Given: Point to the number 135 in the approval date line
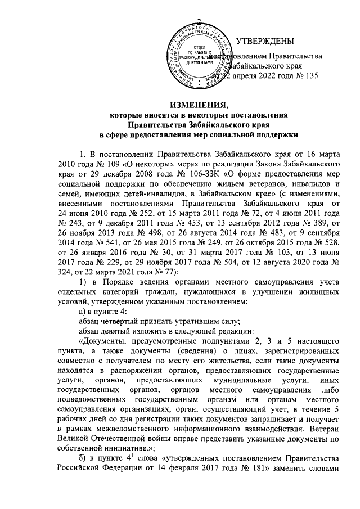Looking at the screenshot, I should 311,77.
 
